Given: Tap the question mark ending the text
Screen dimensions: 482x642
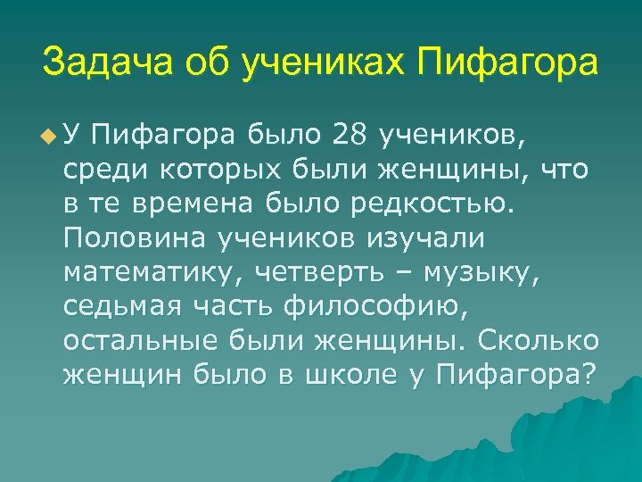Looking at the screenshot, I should [x=588, y=375].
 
